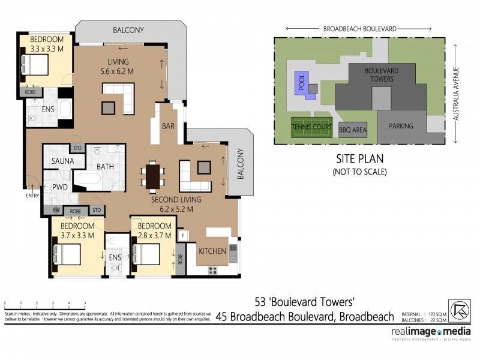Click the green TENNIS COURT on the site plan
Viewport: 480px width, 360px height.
[311, 127]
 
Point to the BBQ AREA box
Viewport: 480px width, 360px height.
[353, 128]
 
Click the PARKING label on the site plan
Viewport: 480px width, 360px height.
[402, 126]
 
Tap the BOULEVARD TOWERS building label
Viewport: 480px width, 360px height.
[380, 74]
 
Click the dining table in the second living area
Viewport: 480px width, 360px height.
[154, 175]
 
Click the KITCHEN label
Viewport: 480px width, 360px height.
[212, 250]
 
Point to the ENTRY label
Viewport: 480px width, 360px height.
[32, 196]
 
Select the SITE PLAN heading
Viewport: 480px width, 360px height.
[359, 160]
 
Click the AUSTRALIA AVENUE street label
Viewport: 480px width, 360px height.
[455, 93]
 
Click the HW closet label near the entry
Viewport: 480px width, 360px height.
[56, 211]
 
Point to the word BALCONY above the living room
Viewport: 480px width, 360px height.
[128, 30]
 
